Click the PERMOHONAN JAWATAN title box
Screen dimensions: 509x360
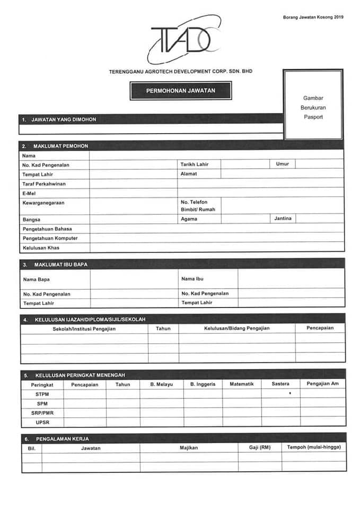[x=181, y=91]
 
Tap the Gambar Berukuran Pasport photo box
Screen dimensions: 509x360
[x=313, y=106]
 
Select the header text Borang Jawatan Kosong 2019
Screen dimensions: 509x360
[x=313, y=17]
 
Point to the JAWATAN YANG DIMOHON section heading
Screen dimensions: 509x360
[x=63, y=119]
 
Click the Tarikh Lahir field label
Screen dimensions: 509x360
[x=195, y=164]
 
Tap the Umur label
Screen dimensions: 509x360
[x=283, y=164]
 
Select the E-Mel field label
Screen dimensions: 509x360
[x=29, y=194]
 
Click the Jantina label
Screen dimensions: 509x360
[x=283, y=218]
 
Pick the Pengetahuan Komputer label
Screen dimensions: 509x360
[x=50, y=238]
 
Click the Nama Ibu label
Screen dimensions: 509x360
[x=192, y=279]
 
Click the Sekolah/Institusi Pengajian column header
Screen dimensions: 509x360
[x=84, y=329]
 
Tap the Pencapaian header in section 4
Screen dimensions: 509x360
[x=320, y=328]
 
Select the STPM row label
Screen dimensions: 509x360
[x=42, y=394]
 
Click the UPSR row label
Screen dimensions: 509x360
[x=42, y=423]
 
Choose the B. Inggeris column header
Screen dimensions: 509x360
[x=203, y=384]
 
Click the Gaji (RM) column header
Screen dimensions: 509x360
[x=260, y=447]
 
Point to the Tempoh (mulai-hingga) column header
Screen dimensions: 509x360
[x=314, y=447]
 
